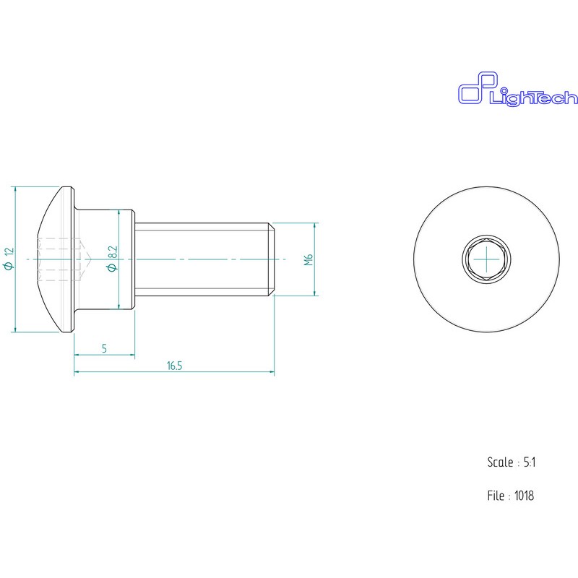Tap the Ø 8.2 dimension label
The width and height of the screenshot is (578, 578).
click(x=113, y=259)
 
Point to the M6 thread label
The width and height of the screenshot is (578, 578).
click(x=309, y=259)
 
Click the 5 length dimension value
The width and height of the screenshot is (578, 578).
click(x=104, y=348)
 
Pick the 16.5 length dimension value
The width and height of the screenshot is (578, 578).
click(x=174, y=366)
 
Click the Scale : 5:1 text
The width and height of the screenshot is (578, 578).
click(x=512, y=462)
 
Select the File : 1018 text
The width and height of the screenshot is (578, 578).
click(x=511, y=496)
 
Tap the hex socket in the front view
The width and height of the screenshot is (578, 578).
click(x=486, y=259)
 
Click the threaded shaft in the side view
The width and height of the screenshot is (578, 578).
click(x=204, y=259)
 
